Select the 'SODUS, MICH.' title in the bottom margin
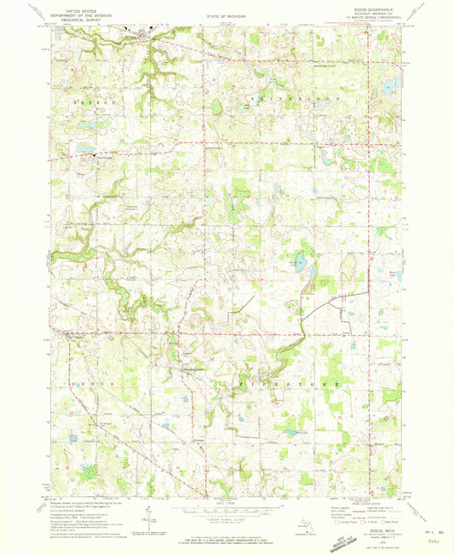[x=381, y=506]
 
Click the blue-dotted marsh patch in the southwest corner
[x=87, y=471]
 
